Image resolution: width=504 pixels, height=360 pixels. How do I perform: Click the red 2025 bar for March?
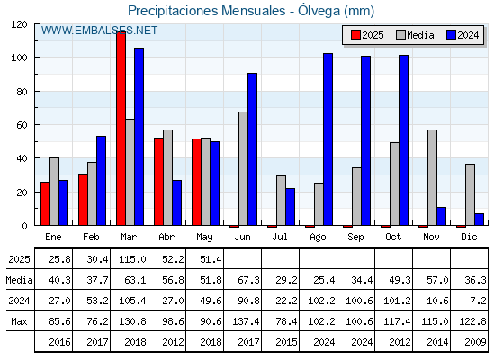click(121, 129)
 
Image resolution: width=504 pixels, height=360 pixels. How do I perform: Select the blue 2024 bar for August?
click(328, 139)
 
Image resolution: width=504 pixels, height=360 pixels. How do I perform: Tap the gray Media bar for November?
click(432, 177)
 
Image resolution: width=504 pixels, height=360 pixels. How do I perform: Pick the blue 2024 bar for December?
click(479, 220)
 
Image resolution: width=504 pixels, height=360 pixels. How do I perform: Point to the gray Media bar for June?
click(243, 168)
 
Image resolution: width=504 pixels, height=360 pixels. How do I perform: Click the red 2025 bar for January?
click(45, 203)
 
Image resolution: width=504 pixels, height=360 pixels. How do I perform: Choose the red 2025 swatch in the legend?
click(355, 35)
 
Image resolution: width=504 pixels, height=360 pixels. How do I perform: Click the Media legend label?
click(420, 35)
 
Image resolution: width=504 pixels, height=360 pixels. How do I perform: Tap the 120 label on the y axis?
click(19, 24)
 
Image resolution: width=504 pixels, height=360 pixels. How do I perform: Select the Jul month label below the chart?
click(280, 237)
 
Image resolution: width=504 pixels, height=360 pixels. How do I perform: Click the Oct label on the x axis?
click(393, 237)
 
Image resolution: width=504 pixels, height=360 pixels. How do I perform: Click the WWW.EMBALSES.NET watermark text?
click(99, 31)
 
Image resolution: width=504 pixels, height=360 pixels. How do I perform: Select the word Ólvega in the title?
click(319, 11)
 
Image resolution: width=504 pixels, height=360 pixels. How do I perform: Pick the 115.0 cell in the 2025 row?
click(132, 259)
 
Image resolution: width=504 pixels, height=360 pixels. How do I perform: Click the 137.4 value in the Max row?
click(246, 321)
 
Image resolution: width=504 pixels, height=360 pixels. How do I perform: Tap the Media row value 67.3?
click(248, 280)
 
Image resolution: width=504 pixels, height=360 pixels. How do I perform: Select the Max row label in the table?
click(19, 321)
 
